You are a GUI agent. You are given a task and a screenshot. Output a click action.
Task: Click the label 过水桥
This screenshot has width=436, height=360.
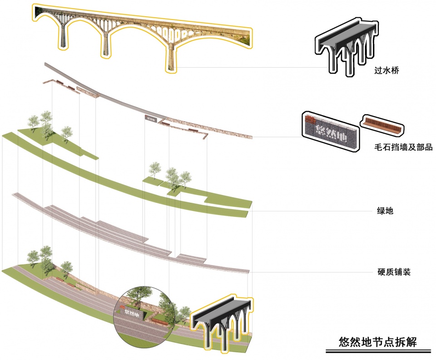coord(386,71)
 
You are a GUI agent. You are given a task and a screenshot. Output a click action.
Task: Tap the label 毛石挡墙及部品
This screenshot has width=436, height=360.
coord(397,147)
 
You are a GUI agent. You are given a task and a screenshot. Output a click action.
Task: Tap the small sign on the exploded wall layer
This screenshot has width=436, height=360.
coord(150,118)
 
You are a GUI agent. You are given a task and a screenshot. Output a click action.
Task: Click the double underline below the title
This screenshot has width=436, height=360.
coord(377,351)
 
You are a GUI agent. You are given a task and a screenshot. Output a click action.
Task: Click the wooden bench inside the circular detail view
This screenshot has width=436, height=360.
coord(159,322)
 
